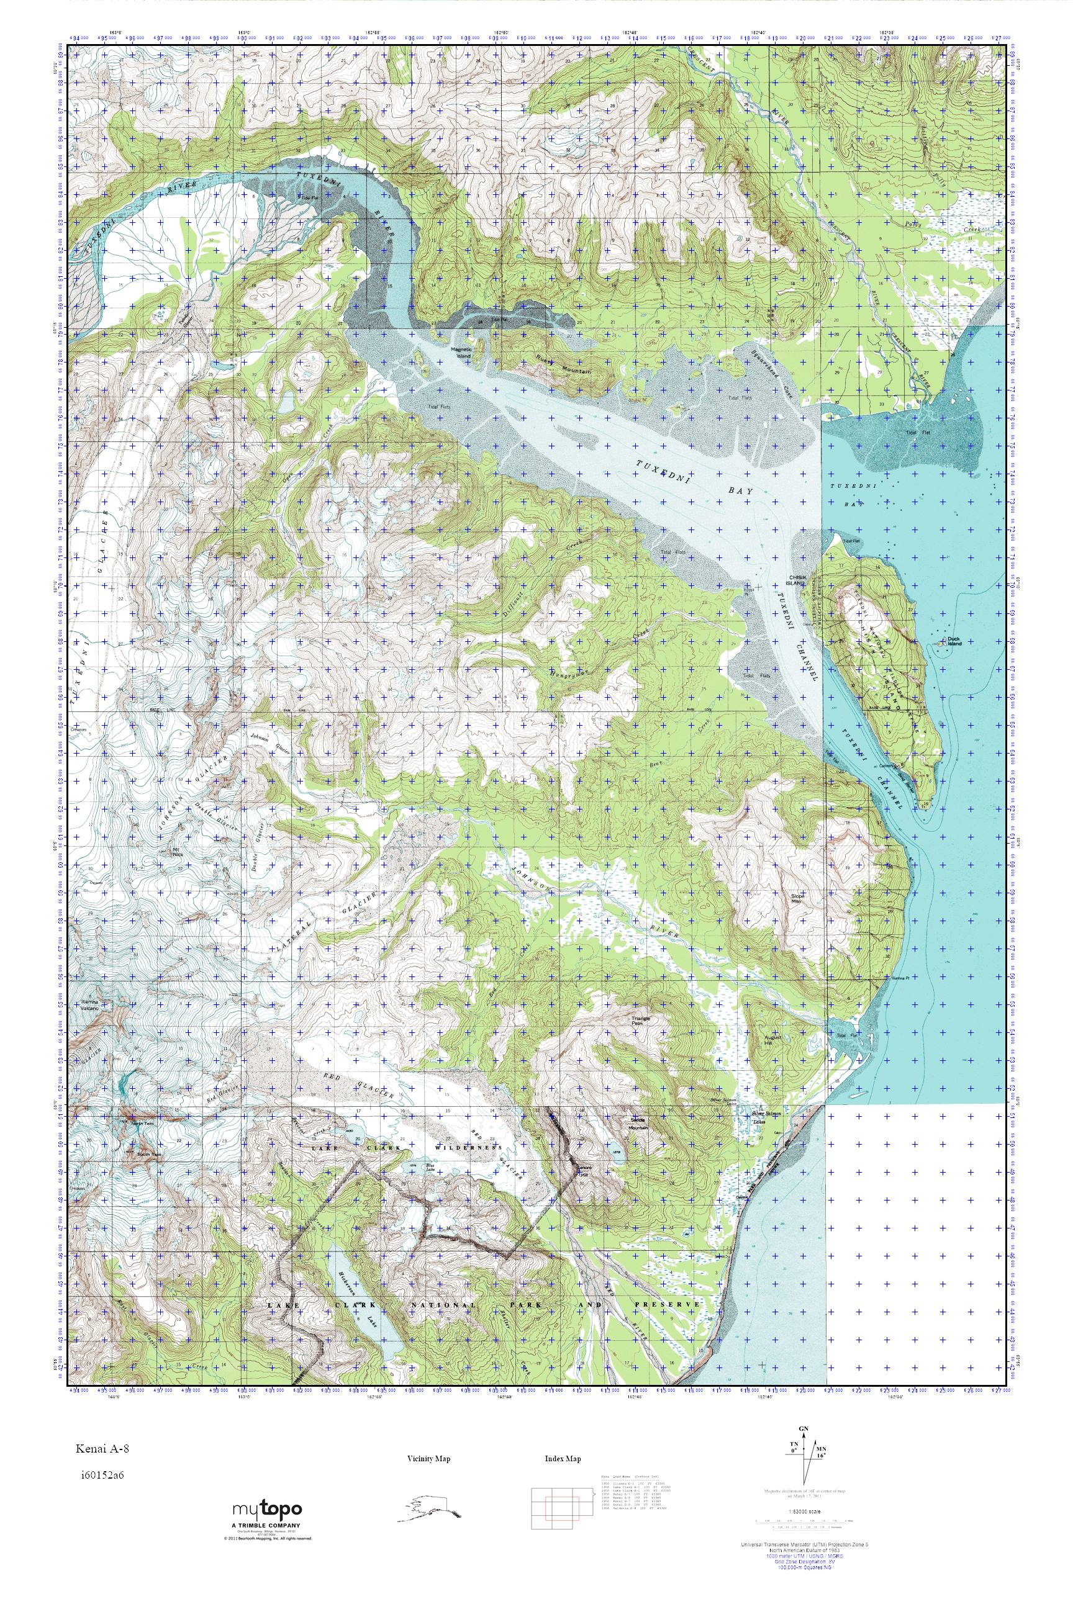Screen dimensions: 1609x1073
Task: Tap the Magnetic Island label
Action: pos(461,351)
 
